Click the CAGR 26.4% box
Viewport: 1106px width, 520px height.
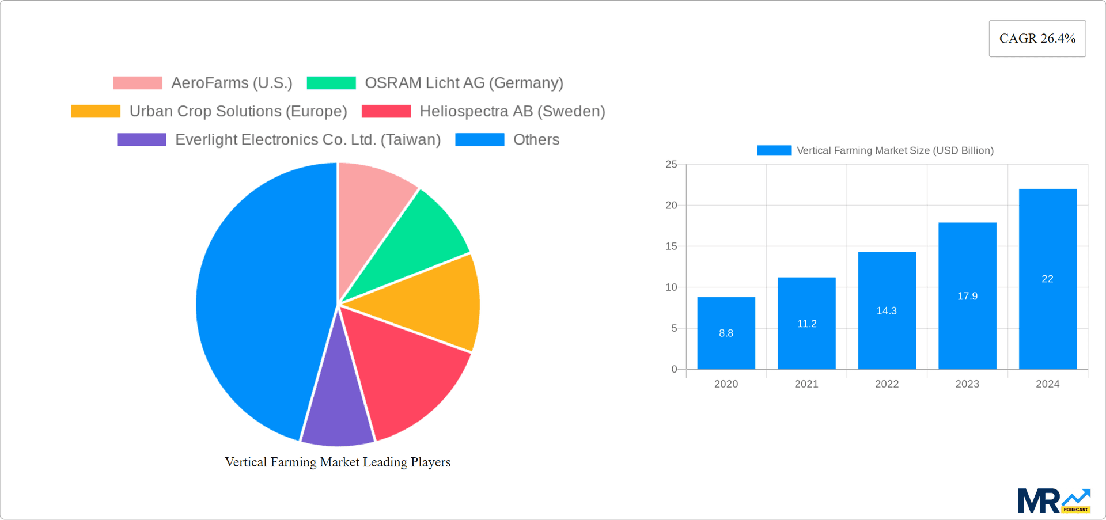[x=1037, y=39]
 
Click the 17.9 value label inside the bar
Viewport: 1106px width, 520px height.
[x=967, y=296]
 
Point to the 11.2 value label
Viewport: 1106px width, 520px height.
[x=806, y=324]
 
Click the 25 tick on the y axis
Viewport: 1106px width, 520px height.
[x=671, y=165]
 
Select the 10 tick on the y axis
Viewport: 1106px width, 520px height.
[x=671, y=287]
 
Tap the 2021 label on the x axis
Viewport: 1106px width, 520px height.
[x=806, y=384]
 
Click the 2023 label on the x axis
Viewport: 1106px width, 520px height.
[x=967, y=384]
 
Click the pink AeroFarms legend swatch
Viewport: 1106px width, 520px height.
[x=138, y=83]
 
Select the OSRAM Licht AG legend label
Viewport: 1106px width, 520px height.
[x=464, y=83]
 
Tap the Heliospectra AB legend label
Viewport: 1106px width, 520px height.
[x=512, y=111]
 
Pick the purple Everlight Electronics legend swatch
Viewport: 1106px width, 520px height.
[x=142, y=140]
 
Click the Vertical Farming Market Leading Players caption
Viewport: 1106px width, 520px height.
[x=338, y=462]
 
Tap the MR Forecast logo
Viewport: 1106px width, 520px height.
[x=1054, y=500]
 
